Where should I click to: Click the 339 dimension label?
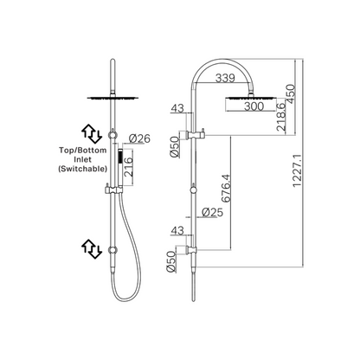pos(225,78)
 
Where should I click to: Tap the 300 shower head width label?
pos(254,106)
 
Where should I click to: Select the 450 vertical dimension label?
pos(290,93)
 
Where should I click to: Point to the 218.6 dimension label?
pos(280,116)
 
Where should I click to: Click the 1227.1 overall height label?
pos(297,170)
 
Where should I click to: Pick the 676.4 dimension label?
pos(226,188)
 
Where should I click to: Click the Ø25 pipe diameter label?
pos(213,212)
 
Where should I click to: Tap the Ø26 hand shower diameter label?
pos(140,138)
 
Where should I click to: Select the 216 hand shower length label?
pos(128,167)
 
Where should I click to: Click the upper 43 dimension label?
pos(177,108)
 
